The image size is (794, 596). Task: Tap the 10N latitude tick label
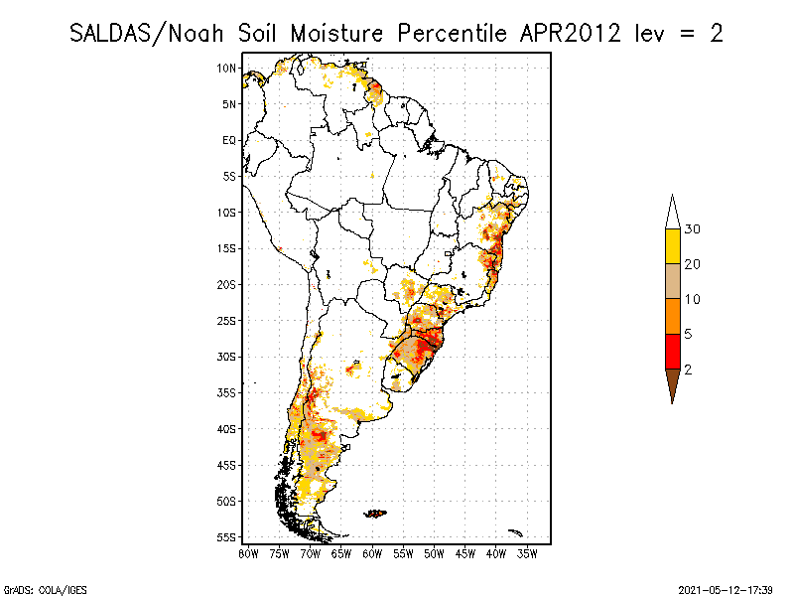point(227,68)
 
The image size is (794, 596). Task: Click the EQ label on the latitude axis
point(229,140)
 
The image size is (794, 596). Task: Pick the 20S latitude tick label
point(227,284)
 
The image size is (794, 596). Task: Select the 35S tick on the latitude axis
point(227,392)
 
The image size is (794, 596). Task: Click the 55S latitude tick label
point(227,536)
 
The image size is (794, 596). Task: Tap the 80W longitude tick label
point(248,552)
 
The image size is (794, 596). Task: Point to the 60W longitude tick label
point(372,552)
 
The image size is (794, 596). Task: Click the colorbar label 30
point(693,229)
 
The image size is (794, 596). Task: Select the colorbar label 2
point(687,369)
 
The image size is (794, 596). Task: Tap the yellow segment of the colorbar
point(672,246)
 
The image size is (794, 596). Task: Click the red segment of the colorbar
point(672,351)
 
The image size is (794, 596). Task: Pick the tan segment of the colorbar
point(672,281)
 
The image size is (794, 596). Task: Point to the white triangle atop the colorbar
point(672,213)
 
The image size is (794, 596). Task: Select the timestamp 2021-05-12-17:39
point(725,589)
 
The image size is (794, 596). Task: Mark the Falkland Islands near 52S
point(375,514)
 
